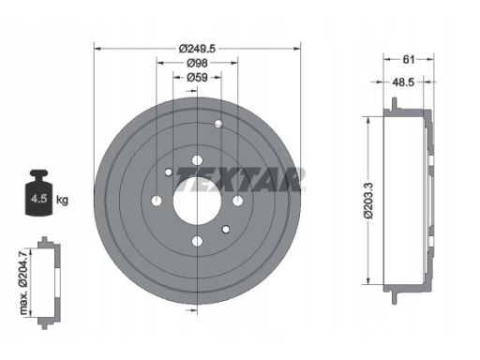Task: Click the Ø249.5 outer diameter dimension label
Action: pos(197,49)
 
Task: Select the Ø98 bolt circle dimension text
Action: pos(197,63)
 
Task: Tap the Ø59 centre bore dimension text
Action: pos(197,77)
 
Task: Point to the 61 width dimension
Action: pos(409,59)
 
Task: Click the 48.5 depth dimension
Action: pos(403,82)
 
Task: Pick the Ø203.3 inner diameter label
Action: pos(369,201)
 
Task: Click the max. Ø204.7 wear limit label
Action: pos(24,282)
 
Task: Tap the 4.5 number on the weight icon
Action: pos(38,199)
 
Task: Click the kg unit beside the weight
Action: pos(62,200)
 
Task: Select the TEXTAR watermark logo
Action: pos(240,179)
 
